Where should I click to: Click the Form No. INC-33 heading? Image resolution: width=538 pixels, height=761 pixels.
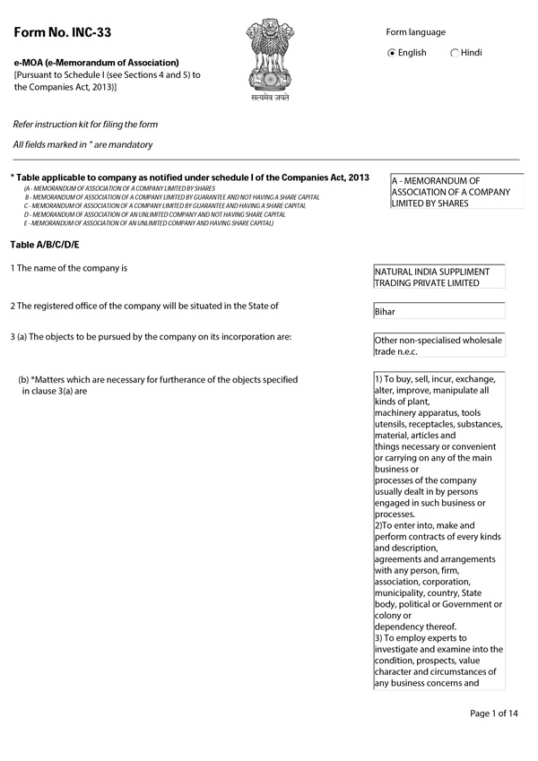pos(61,33)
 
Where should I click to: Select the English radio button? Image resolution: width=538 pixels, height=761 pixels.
pos(392,53)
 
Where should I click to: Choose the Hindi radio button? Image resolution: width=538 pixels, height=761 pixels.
pos(456,53)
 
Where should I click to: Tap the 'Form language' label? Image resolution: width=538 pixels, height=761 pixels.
pos(415,32)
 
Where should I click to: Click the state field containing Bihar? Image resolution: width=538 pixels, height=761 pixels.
pos(438,312)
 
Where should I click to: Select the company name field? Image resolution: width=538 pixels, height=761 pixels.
pos(438,276)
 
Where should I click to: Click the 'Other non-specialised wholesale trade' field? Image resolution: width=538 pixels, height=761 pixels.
pos(438,345)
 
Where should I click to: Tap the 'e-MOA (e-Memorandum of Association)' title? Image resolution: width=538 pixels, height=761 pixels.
pos(96,63)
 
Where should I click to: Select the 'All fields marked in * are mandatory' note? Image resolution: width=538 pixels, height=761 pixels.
pos(82,144)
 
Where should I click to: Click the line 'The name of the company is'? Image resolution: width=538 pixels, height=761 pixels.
pos(70,268)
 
